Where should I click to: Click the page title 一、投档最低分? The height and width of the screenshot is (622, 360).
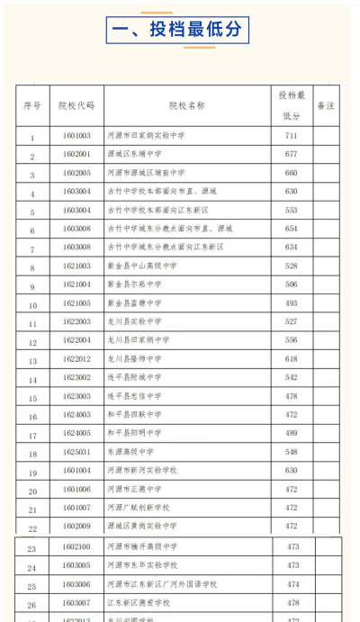(176, 30)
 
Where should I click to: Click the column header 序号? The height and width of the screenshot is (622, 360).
(31, 105)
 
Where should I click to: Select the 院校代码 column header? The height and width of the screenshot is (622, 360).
(76, 105)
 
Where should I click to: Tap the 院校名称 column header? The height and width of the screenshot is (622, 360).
(186, 105)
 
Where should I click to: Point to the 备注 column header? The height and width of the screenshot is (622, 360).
(326, 105)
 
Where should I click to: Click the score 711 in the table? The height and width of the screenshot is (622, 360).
(292, 135)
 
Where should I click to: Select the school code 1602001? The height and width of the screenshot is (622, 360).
(76, 154)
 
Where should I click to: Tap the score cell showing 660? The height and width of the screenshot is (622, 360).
(292, 173)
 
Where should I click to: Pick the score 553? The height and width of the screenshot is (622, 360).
(292, 210)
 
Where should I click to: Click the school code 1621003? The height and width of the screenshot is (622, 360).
(76, 266)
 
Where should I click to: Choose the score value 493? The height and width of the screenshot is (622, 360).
(292, 303)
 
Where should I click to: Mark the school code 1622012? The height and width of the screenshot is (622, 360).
(76, 359)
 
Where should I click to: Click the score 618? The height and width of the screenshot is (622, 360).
(292, 359)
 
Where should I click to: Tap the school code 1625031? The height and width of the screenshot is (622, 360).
(76, 452)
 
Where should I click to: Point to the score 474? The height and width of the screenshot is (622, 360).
(292, 584)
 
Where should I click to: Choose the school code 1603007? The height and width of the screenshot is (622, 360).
(76, 603)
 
